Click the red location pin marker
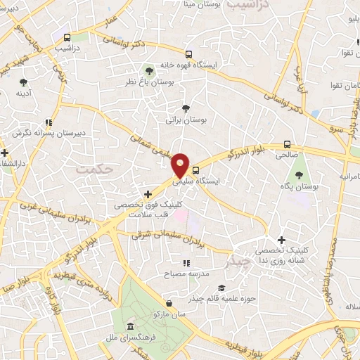click(181, 165)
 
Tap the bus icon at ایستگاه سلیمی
click(195, 169)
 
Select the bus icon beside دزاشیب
click(66, 37)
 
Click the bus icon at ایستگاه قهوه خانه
click(188, 54)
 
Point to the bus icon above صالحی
click(297, 144)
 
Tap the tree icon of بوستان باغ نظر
click(148, 71)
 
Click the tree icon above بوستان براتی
click(186, 108)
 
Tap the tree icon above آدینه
click(23, 82)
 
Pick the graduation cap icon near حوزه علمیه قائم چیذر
click(221, 288)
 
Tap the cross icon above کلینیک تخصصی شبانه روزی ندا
click(281, 240)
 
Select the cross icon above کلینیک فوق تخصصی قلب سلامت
click(148, 194)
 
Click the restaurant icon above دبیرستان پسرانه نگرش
click(49, 122)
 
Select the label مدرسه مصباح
click(184, 274)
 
